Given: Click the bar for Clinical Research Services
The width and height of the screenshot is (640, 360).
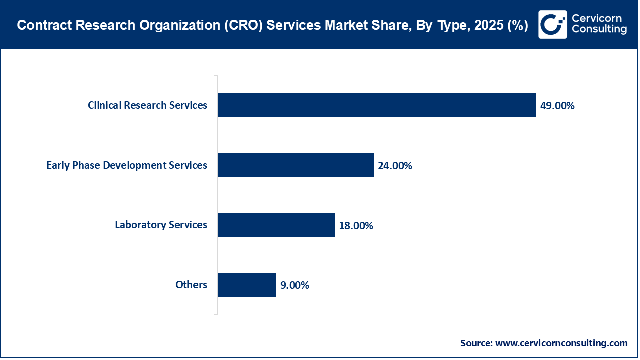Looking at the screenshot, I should [377, 105].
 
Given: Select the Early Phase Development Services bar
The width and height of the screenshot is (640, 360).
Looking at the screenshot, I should [295, 165].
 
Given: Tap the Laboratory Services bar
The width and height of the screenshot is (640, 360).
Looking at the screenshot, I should [276, 225].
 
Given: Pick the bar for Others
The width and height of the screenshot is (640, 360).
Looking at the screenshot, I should [247, 285].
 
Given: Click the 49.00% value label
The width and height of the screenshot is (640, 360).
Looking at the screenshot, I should [557, 106].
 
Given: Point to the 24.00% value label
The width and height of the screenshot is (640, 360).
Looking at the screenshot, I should [395, 166].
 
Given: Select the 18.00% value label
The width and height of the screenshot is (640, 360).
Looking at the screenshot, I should [356, 225].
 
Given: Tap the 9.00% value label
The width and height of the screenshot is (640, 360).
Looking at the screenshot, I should [295, 285].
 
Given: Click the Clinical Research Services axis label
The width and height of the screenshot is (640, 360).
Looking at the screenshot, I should [147, 105].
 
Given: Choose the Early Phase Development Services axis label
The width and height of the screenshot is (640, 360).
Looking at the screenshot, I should [127, 165].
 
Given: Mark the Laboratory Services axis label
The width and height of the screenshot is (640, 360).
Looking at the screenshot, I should [161, 225].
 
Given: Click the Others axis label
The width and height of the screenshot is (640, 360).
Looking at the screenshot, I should [191, 285].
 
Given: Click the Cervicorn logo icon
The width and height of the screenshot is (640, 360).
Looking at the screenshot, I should [552, 24].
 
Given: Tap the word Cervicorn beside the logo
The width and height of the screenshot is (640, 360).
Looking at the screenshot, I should [597, 18].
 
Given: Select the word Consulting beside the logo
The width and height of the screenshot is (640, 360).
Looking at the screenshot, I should [599, 30].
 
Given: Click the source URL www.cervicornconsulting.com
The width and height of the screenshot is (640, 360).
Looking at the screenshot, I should [561, 343].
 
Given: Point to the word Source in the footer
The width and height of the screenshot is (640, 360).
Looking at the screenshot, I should [476, 343].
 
